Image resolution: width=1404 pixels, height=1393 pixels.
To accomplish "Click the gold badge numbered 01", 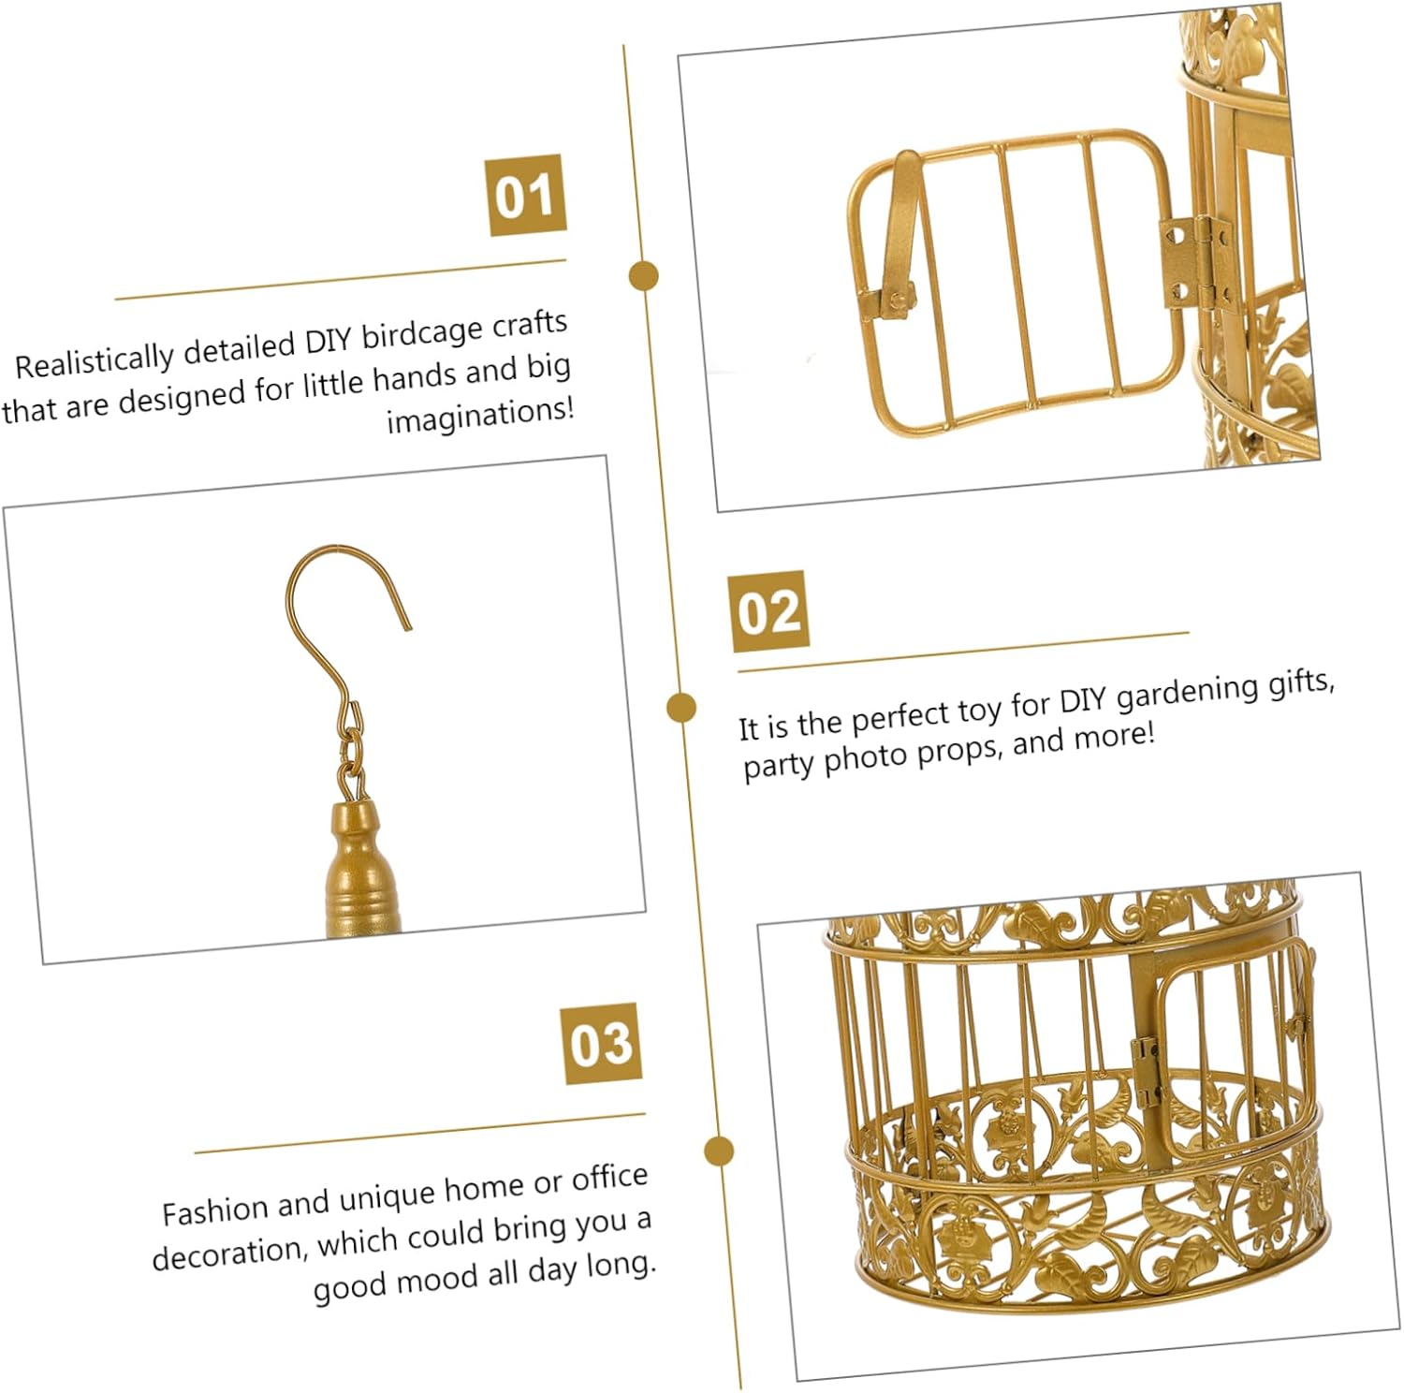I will [526, 195].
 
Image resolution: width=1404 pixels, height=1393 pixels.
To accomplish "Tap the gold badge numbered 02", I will [768, 610].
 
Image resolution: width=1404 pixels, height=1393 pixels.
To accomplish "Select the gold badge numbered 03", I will [601, 1043].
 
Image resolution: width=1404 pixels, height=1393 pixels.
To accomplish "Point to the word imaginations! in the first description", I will [480, 415].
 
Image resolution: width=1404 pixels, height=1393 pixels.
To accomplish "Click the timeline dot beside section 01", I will [643, 276].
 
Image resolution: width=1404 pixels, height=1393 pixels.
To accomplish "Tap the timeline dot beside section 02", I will [681, 707].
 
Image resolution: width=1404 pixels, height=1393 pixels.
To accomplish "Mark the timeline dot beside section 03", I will [718, 1151].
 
